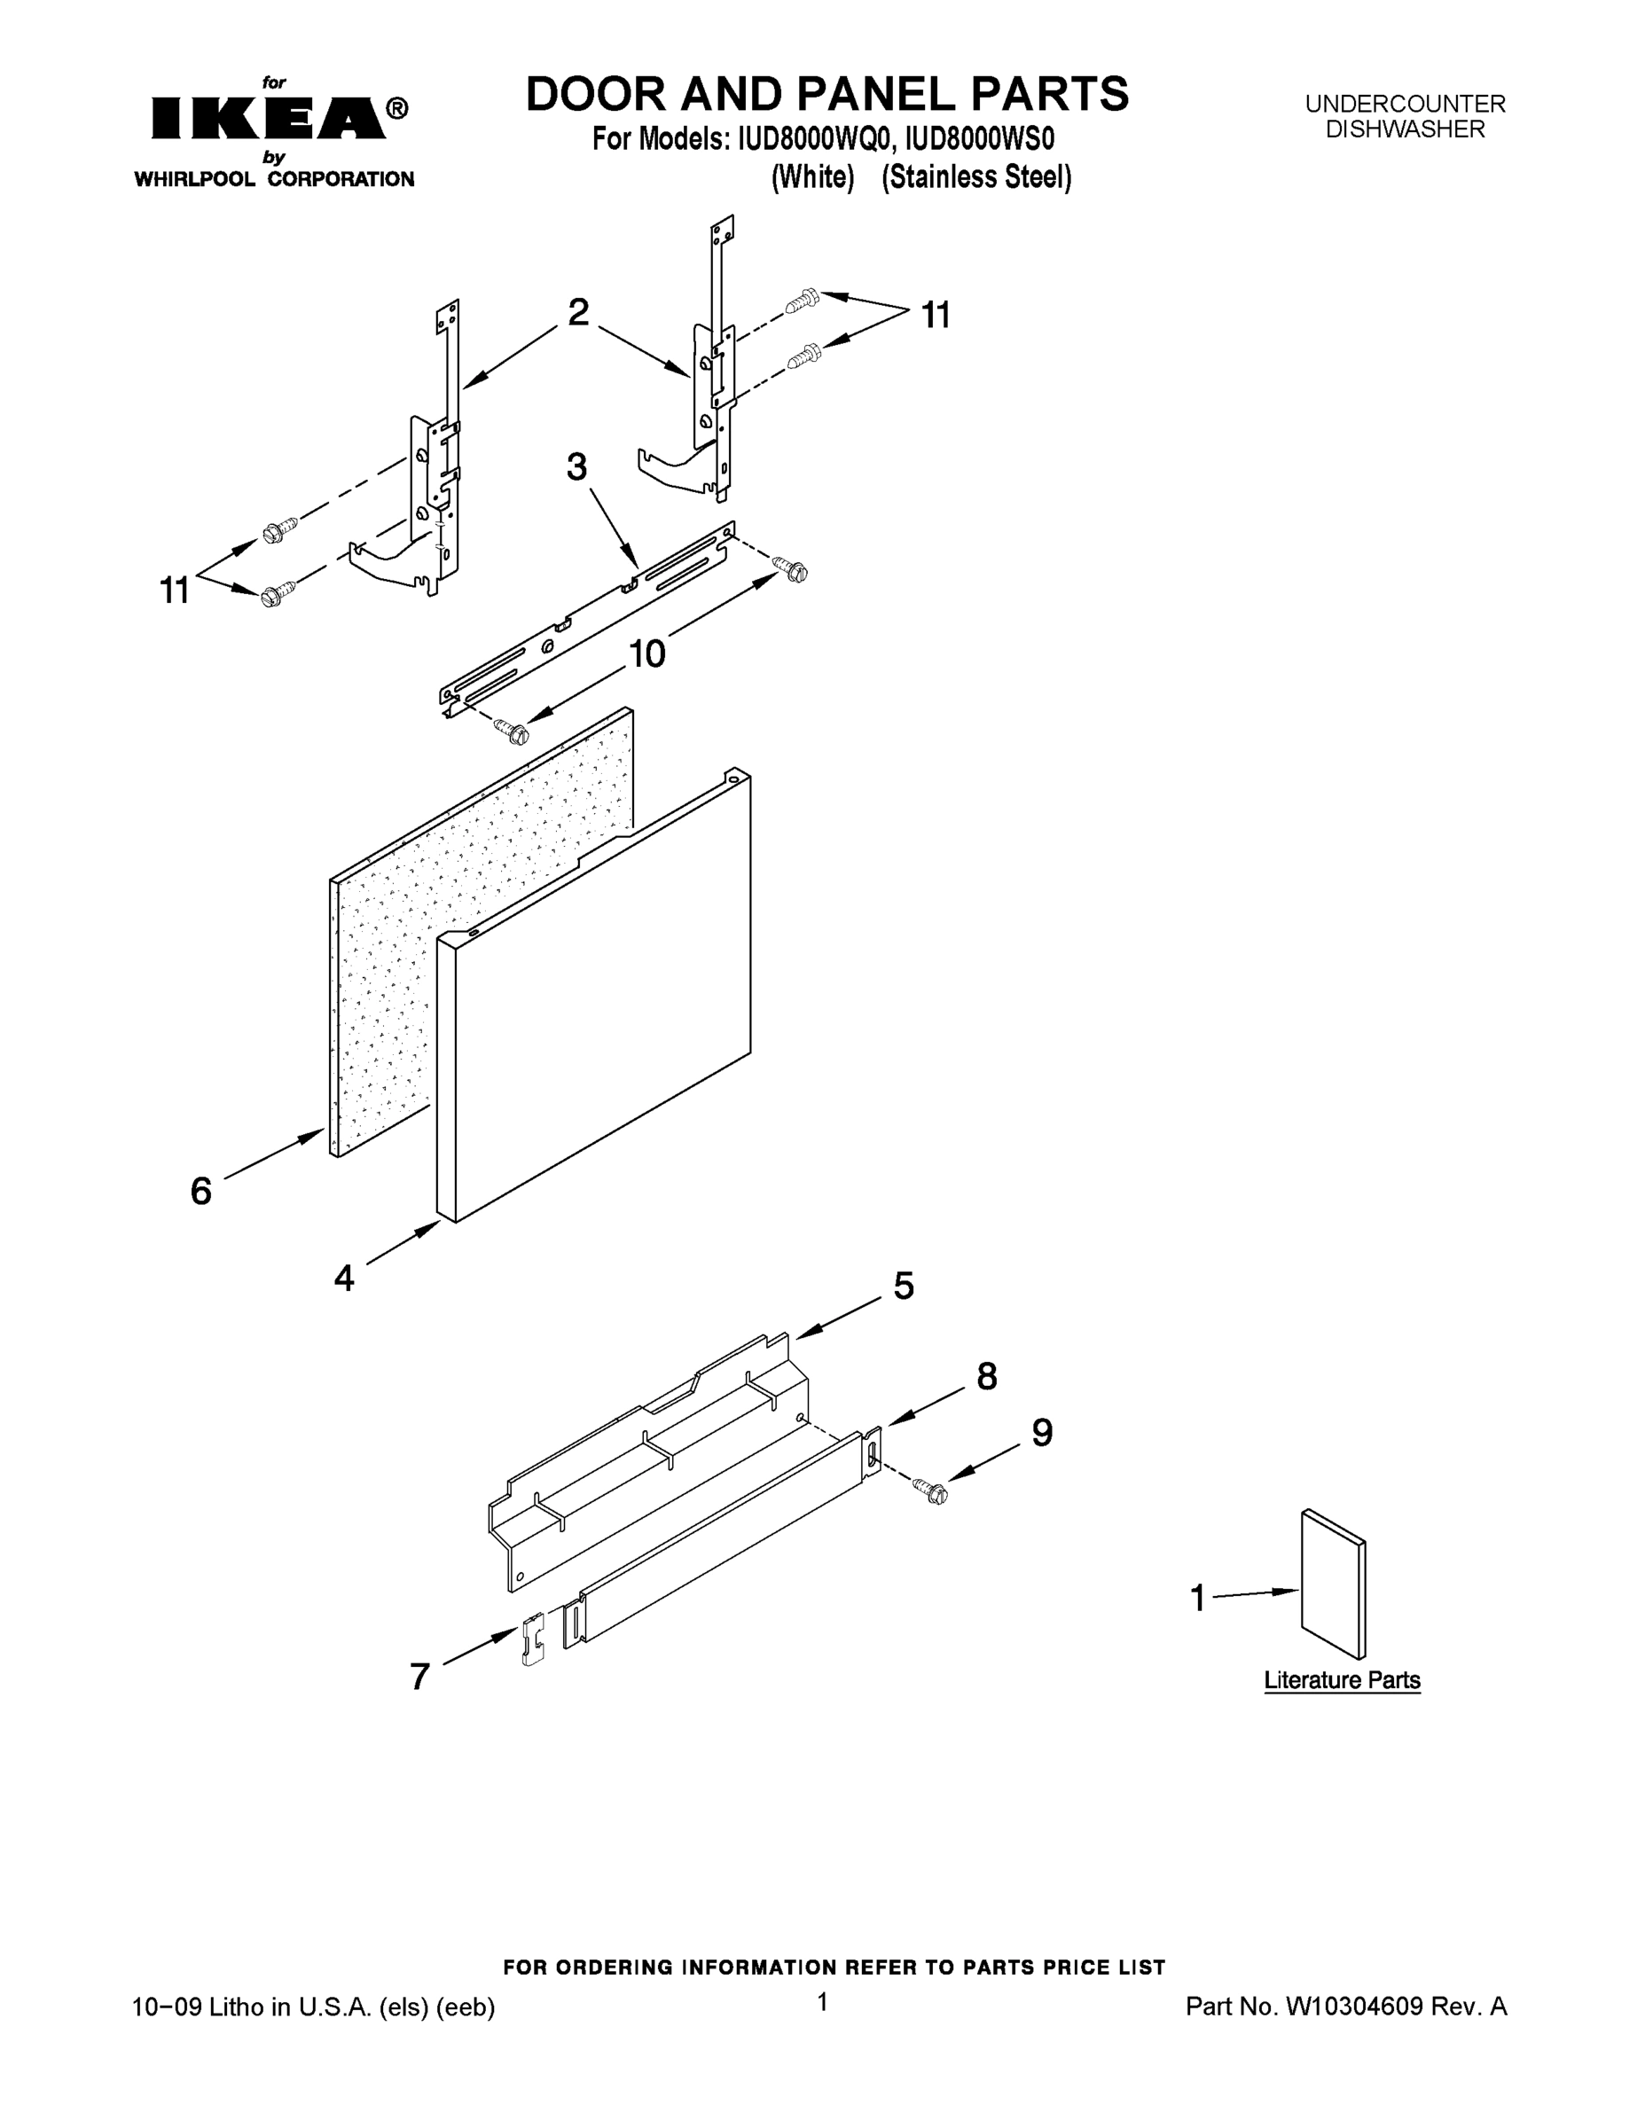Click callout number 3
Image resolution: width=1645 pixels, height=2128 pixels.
(577, 467)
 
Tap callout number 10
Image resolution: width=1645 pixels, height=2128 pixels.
(646, 653)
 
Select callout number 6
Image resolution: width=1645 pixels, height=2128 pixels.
(200, 1191)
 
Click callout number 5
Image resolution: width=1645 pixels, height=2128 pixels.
(904, 1287)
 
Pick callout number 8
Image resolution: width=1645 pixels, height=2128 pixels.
(986, 1377)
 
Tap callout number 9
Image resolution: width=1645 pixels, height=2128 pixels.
(1042, 1432)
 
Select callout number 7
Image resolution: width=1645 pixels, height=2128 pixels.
(420, 1677)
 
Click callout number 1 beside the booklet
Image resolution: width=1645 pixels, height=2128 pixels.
(1199, 1598)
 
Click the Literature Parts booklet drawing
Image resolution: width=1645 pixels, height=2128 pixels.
(1333, 1584)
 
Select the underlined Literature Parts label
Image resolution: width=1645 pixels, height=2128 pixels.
(1342, 1680)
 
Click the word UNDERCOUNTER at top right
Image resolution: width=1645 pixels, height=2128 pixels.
(1405, 103)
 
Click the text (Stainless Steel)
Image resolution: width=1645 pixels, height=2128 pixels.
(976, 177)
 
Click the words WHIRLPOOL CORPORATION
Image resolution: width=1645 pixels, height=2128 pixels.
(274, 179)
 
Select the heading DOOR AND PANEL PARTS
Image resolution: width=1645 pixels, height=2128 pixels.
(826, 95)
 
